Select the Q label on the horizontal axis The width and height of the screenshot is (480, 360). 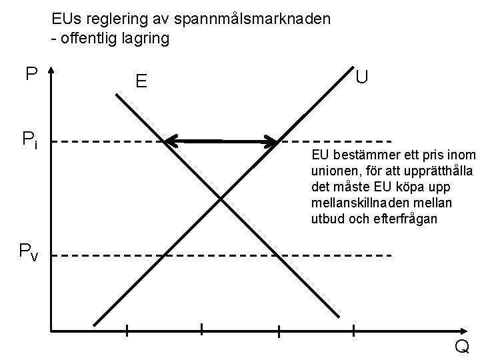(461, 347)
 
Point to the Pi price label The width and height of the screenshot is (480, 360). (29, 141)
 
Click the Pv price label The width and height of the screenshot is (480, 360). (29, 252)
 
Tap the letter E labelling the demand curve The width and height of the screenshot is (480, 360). (141, 82)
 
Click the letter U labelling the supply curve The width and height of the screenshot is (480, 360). (362, 77)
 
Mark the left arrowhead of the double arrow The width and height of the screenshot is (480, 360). (171, 141)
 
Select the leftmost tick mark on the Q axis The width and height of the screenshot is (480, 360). (126, 329)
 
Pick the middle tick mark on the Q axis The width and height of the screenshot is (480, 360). (201, 329)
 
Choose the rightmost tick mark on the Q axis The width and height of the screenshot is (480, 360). (279, 329)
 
